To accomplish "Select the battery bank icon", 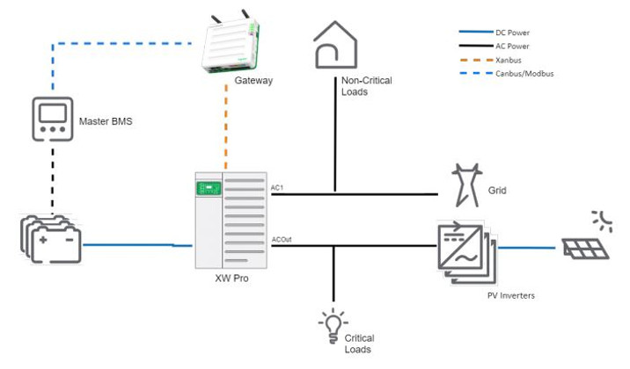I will [51, 237].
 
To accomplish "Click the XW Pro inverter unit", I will [231, 221].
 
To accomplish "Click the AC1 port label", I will [277, 188].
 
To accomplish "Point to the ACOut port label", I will [282, 240].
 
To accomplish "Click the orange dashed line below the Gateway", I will [227, 132].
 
